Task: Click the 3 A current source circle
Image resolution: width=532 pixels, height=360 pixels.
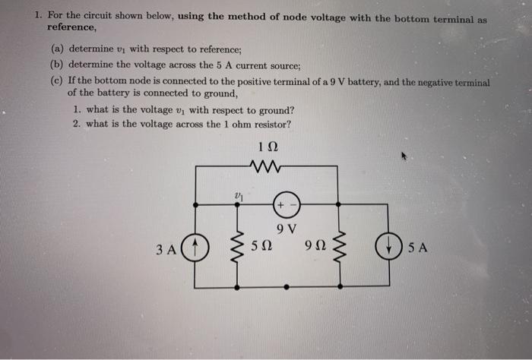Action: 195,246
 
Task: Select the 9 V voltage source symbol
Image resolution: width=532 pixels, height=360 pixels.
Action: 288,204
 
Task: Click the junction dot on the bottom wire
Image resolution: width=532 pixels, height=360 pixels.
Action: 287,288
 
